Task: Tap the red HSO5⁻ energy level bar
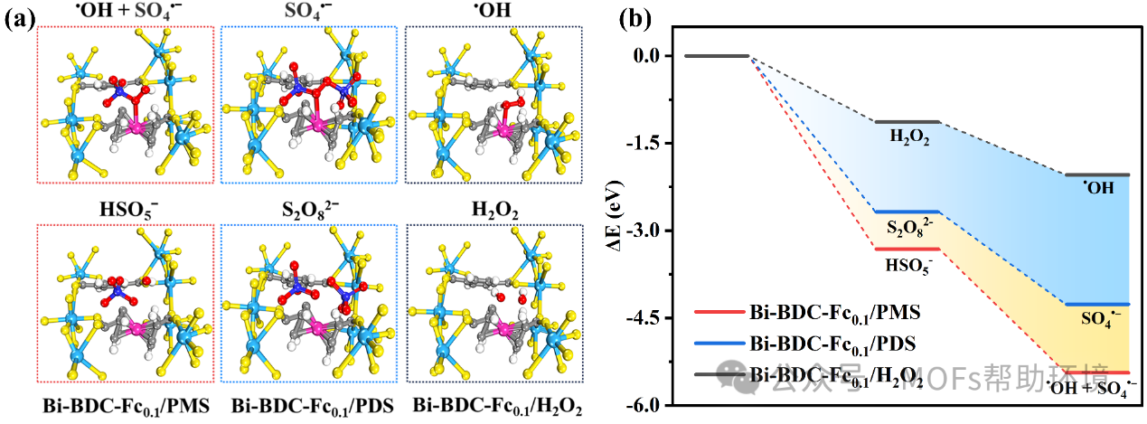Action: pyautogui.click(x=907, y=249)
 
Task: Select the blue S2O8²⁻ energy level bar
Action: pyautogui.click(x=907, y=212)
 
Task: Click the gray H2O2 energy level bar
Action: pyautogui.click(x=907, y=121)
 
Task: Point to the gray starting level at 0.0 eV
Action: pyautogui.click(x=717, y=56)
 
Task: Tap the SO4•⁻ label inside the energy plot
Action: pyautogui.click(x=1104, y=319)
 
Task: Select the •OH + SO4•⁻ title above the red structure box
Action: pyautogui.click(x=124, y=13)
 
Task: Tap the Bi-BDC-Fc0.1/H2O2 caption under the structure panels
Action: pyautogui.click(x=493, y=405)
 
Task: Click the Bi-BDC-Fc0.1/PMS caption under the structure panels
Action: pyautogui.click(x=124, y=405)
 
